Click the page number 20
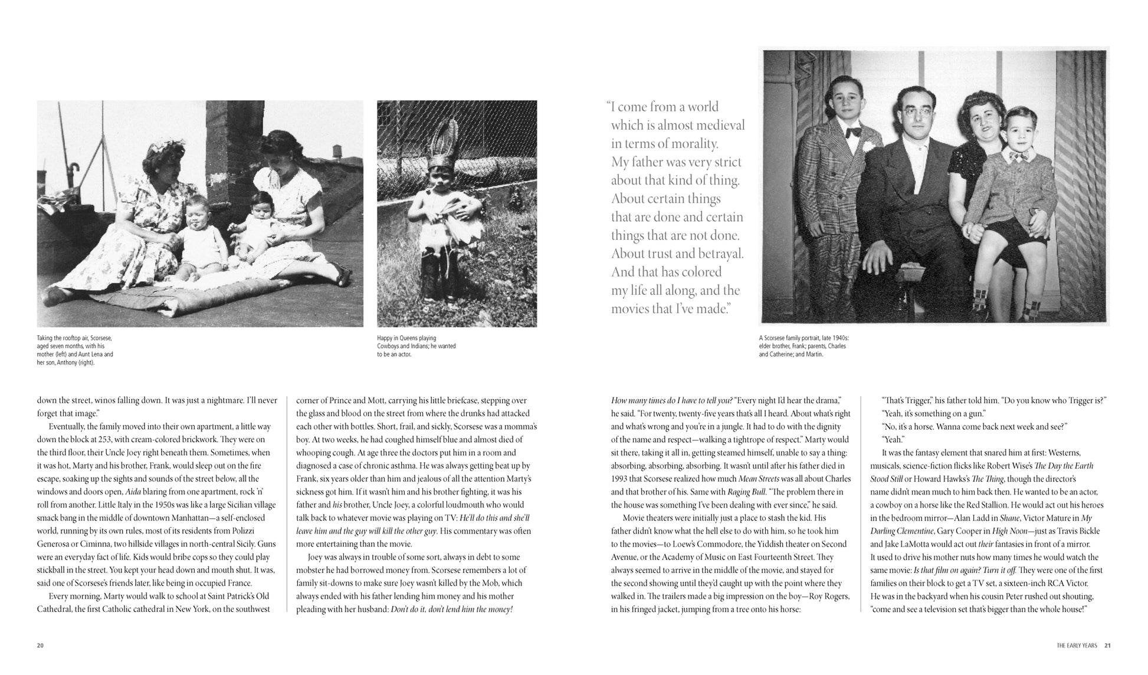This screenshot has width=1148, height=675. [x=40, y=646]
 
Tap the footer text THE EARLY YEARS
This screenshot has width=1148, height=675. [x=1077, y=646]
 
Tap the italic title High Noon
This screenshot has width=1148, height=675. [x=1007, y=531]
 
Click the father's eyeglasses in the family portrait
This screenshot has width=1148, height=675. [x=911, y=114]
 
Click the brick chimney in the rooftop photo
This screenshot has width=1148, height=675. [x=234, y=147]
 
